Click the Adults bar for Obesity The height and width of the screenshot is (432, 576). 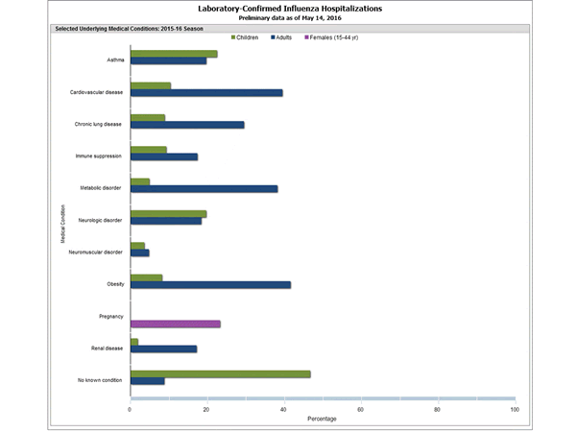[210, 285]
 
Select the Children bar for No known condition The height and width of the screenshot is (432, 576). [220, 373]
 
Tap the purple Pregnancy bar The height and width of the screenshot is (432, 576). [175, 324]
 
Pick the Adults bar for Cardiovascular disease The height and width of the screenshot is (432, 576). [206, 93]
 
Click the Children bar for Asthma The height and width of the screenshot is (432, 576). [174, 54]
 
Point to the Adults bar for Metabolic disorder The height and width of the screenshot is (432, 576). [204, 189]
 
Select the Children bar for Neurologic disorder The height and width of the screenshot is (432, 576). [168, 214]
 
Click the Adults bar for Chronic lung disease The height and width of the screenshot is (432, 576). [187, 125]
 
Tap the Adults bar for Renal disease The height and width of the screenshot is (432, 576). [163, 348]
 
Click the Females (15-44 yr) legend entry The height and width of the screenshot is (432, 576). [331, 36]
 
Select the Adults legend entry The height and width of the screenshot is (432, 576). [283, 36]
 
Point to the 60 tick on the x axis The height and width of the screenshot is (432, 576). [361, 409]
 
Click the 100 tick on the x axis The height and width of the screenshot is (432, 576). [515, 409]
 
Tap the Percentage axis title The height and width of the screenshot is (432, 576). [322, 420]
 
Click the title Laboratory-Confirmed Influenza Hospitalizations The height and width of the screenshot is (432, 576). [288, 8]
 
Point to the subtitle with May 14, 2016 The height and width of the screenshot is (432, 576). [288, 17]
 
